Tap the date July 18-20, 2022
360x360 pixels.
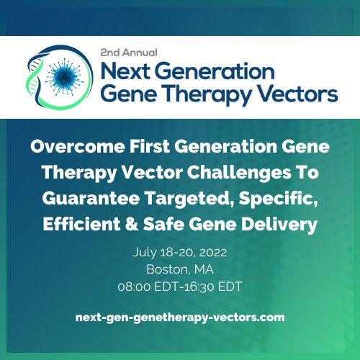click(x=179, y=253)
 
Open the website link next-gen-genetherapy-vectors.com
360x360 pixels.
click(x=180, y=316)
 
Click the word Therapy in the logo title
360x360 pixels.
click(x=200, y=94)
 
